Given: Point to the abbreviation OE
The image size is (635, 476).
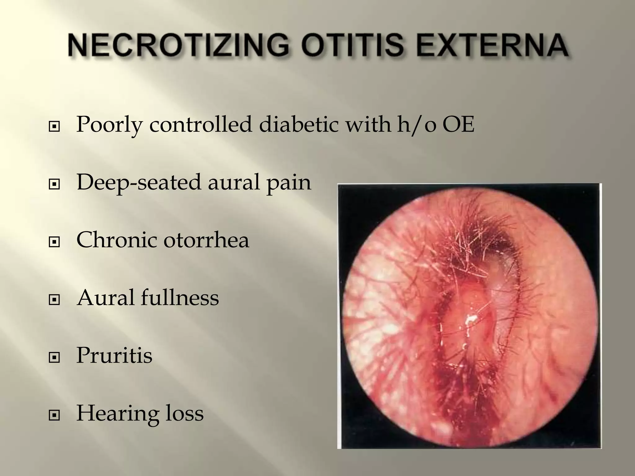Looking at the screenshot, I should click(458, 125).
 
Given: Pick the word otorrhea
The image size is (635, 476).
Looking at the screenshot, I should click(206, 240).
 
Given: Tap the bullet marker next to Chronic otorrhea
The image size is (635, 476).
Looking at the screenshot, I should click(54, 242).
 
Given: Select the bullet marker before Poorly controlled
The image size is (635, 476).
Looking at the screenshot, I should click(54, 127).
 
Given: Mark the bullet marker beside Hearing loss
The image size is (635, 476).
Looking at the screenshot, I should click(54, 416).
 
